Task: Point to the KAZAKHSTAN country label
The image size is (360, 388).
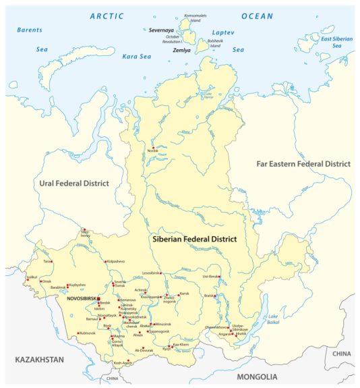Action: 39,360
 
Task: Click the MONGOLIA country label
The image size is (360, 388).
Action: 256,377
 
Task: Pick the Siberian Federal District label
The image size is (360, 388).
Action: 194,239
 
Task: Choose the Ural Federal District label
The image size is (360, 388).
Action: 73,183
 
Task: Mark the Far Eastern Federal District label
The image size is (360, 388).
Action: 303,164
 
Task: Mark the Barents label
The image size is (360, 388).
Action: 30,30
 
